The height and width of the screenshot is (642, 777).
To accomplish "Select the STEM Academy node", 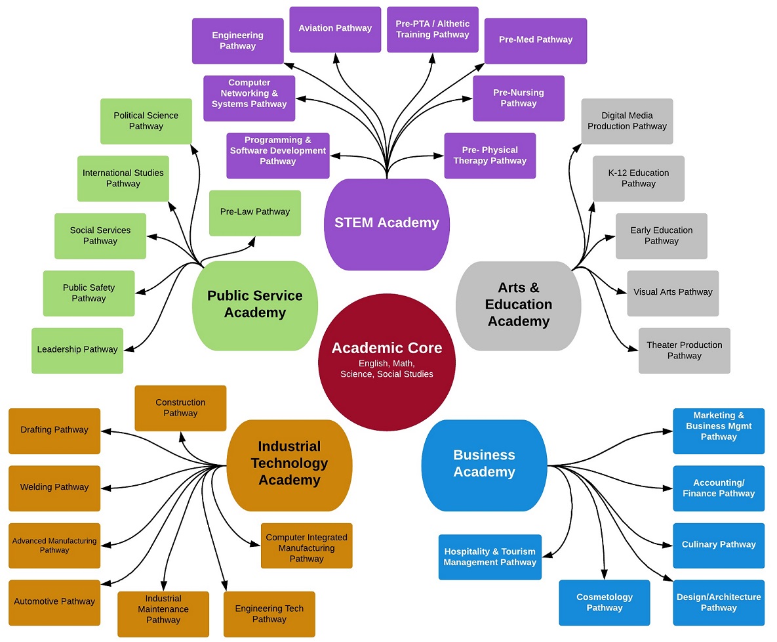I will [386, 224].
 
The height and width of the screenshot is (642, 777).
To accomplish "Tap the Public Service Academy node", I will [254, 305].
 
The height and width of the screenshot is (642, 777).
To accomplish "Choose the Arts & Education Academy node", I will [518, 305].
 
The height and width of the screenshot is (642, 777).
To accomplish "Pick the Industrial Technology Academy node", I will [289, 464].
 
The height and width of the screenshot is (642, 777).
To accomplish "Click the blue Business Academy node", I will [484, 464].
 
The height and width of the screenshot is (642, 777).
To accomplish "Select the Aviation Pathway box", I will [335, 29].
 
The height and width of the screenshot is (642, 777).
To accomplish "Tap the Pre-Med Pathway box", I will [535, 41].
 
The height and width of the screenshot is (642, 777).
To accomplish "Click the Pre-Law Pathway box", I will [254, 213].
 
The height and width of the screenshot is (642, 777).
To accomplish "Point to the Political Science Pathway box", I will [146, 121].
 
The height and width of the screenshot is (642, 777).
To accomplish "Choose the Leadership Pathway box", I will [77, 351].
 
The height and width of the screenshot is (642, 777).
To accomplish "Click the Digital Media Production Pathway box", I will [627, 121].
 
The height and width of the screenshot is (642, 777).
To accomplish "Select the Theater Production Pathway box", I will [684, 351].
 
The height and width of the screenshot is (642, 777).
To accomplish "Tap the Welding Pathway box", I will [54, 488].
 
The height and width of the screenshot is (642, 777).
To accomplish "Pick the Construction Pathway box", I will [180, 408].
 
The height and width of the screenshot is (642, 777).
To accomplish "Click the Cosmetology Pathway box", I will [604, 603].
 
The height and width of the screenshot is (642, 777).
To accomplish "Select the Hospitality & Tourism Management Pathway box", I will [490, 557].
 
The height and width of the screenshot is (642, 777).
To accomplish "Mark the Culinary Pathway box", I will [719, 545].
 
